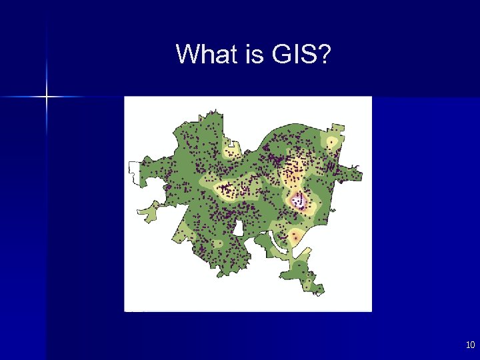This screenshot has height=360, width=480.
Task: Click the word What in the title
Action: pyautogui.click(x=207, y=54)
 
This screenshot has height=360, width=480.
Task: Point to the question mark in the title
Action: pyautogui.click(x=324, y=54)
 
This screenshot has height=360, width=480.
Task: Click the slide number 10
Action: pyautogui.click(x=470, y=345)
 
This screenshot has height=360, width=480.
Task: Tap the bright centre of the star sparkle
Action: pyautogui.click(x=47, y=97)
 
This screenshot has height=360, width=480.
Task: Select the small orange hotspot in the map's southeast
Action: pyautogui.click(x=295, y=237)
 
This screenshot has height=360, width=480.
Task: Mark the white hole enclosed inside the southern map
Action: pyautogui.click(x=238, y=228)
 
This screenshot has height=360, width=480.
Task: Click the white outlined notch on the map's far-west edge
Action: pyautogui.click(x=134, y=173)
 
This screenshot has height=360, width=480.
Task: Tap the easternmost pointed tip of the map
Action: pyautogui.click(x=361, y=176)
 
